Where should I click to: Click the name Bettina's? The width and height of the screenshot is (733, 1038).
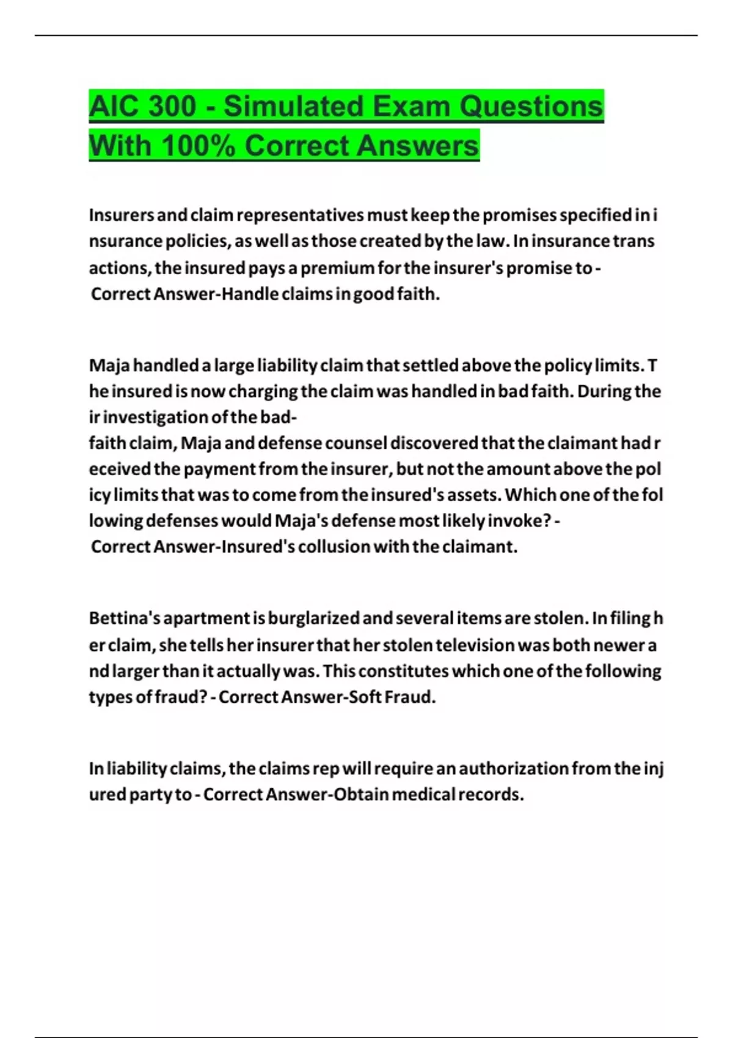tap(125, 619)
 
